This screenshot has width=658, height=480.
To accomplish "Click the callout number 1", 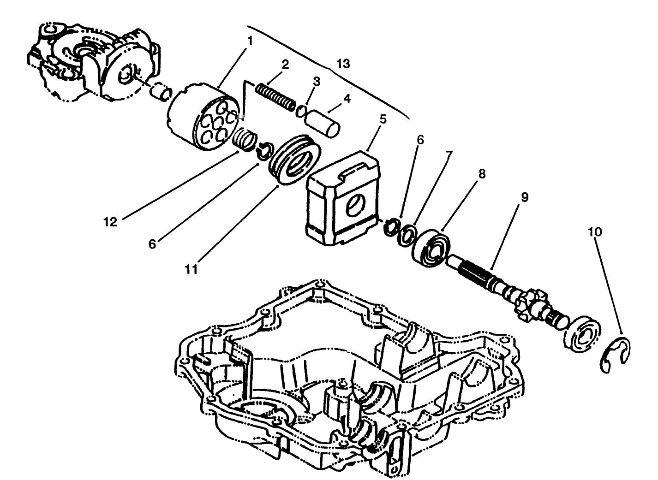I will [250, 41].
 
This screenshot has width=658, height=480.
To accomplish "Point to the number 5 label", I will [383, 119].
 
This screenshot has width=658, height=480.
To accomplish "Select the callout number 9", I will [525, 197].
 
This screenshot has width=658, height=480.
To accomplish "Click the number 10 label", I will [595, 231].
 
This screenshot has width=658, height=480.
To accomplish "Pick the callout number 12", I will [110, 222].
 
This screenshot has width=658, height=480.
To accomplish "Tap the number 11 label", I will [191, 269].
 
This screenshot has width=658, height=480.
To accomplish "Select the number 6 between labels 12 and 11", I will [152, 243].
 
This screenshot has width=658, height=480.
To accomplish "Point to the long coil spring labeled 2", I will [275, 95].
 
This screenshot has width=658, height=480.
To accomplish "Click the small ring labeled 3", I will [301, 111].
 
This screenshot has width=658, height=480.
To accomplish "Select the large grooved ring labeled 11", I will [293, 160].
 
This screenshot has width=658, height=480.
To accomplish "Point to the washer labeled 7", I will [406, 234].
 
